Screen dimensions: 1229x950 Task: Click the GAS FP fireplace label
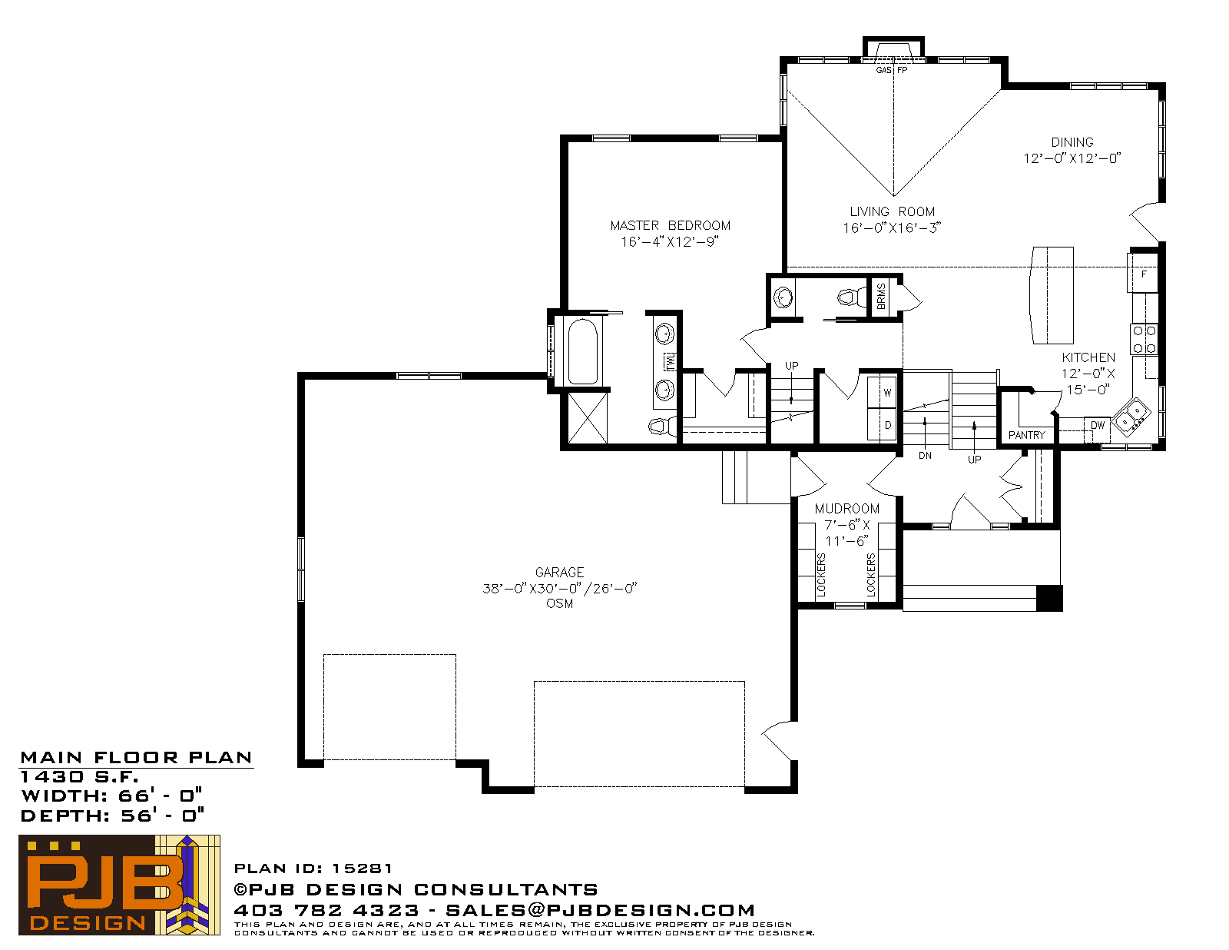pyautogui.click(x=891, y=70)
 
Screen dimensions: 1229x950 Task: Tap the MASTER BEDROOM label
pyautogui.click(x=671, y=225)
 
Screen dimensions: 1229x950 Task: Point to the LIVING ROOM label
pyautogui.click(x=892, y=211)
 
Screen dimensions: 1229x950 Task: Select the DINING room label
pyautogui.click(x=1072, y=142)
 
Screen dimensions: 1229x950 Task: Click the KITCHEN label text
pyautogui.click(x=1088, y=357)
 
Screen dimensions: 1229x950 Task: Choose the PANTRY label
pyautogui.click(x=1026, y=435)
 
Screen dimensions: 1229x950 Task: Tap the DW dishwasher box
pyautogui.click(x=1097, y=429)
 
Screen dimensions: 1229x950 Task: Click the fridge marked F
pyautogui.click(x=1143, y=273)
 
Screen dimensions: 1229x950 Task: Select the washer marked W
pyautogui.click(x=883, y=392)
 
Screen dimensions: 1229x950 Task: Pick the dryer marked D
pyautogui.click(x=883, y=424)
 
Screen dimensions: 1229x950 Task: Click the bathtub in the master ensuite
pyautogui.click(x=582, y=352)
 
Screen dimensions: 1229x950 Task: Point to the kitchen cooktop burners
pyautogui.click(x=1145, y=339)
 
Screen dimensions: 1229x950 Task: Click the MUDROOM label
pyautogui.click(x=846, y=509)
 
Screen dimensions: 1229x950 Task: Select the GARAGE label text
pyautogui.click(x=559, y=572)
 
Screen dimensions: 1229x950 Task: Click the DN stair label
pyautogui.click(x=925, y=456)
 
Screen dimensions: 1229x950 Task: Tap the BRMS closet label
pyautogui.click(x=881, y=297)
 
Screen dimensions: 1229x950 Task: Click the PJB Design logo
pyautogui.click(x=119, y=885)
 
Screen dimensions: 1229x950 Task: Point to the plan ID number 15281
pyautogui.click(x=362, y=869)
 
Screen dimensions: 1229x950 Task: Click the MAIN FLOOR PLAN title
pyautogui.click(x=136, y=758)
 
